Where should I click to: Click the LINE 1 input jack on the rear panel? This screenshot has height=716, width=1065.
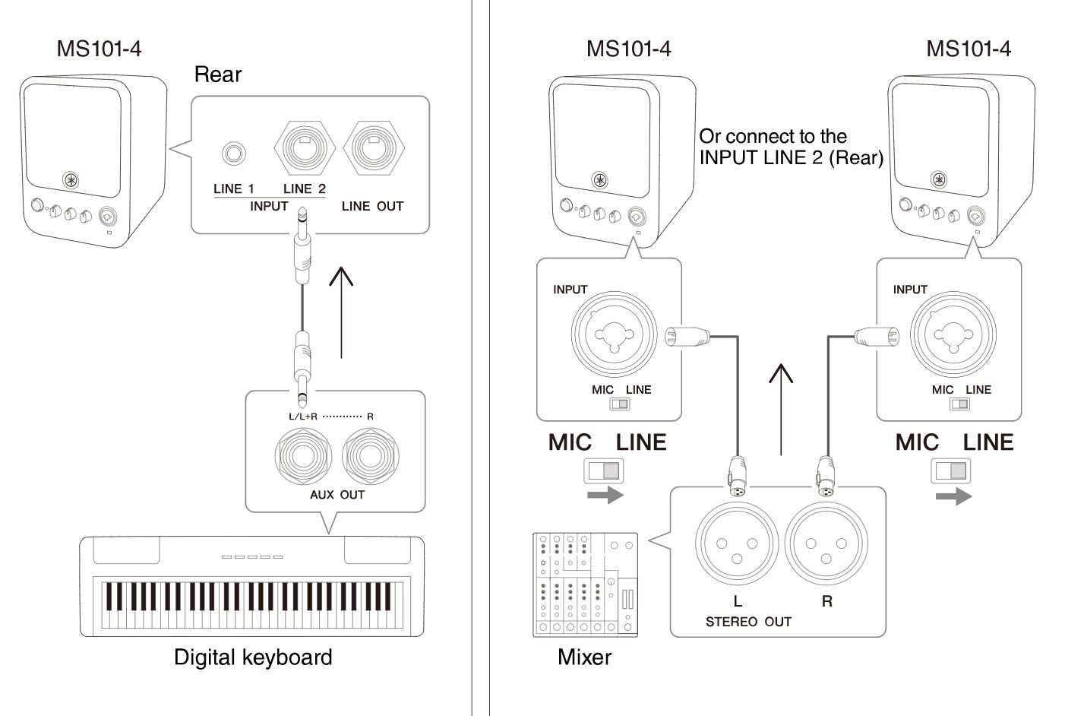pos(233,154)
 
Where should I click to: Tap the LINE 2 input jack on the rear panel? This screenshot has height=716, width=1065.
pos(305,148)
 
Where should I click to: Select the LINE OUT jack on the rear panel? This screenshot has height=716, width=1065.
pos(374,148)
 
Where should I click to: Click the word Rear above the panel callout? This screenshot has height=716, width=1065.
pos(218,74)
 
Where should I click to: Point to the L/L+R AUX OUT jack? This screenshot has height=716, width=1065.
pos(303,456)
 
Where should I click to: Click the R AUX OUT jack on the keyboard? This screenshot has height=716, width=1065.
pos(371,456)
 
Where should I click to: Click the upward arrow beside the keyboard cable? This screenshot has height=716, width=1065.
pos(341,312)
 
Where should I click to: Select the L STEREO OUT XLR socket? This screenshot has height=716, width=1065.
pos(737,543)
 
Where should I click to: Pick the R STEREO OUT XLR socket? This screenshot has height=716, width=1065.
pos(826,543)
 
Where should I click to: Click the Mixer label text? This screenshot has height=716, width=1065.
pos(584,657)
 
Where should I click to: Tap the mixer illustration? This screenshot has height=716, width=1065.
pos(585,585)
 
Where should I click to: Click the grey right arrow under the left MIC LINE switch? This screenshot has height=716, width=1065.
pos(605,496)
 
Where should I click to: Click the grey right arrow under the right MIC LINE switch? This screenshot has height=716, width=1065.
pos(953,496)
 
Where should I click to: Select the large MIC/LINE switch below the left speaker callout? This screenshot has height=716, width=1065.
pos(604,470)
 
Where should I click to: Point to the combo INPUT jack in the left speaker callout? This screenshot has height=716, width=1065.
pos(614,334)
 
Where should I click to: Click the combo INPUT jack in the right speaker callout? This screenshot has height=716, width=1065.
pos(953,334)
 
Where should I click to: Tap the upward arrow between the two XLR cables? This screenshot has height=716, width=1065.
pos(781,410)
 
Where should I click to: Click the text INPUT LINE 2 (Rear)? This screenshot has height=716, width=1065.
pos(791,157)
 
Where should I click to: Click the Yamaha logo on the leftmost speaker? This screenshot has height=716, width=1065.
pos(71,181)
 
